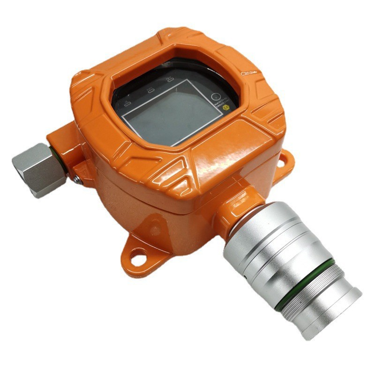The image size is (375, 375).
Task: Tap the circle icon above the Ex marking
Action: tap(216, 97)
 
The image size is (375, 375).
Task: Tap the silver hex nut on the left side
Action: tap(35, 168)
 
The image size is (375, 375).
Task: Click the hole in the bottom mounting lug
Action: tap(136, 256)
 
